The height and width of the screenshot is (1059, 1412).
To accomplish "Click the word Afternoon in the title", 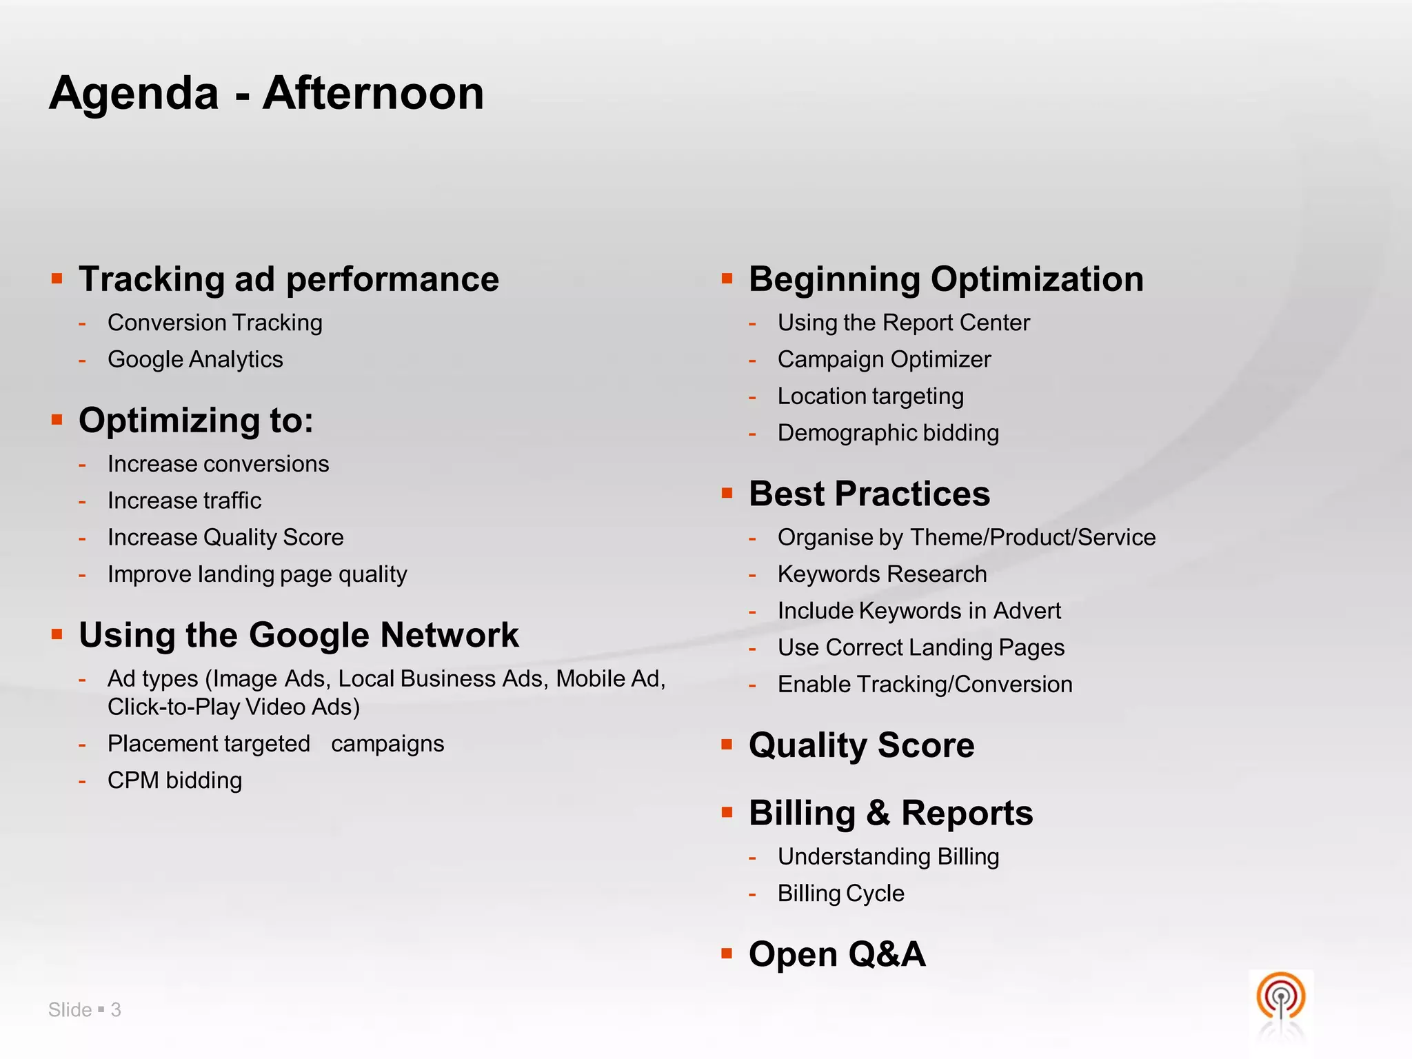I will [373, 93].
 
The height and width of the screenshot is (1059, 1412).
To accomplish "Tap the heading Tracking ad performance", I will [288, 279].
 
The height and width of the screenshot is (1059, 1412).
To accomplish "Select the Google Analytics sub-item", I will [195, 359].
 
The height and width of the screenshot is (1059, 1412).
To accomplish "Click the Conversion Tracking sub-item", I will [214, 323].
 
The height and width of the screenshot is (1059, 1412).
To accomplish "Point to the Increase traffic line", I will [184, 501].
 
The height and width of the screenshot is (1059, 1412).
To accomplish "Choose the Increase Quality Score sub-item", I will [225, 537].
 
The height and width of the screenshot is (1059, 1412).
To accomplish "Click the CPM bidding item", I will [174, 780].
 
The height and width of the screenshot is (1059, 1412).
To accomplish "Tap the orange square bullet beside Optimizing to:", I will [57, 419].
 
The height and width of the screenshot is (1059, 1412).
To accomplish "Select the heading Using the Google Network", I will [298, 635].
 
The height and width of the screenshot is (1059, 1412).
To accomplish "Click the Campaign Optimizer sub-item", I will [884, 359].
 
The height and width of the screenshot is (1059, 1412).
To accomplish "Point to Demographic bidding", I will [888, 433].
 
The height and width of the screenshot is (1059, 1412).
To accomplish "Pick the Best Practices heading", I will [869, 494].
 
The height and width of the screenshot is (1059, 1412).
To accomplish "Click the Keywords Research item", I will [882, 574].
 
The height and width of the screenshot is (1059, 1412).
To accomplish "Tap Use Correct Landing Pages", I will [920, 647].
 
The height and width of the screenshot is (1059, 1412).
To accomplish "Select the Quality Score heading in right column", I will [861, 745].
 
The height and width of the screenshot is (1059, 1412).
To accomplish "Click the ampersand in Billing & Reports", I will [878, 813].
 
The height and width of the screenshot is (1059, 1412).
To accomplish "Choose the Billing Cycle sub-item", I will [840, 894].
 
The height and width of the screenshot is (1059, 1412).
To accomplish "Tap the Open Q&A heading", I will [836, 954].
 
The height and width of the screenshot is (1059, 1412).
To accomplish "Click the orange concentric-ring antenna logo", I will [1280, 997].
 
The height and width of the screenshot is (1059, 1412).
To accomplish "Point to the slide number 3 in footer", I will [116, 1010].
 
